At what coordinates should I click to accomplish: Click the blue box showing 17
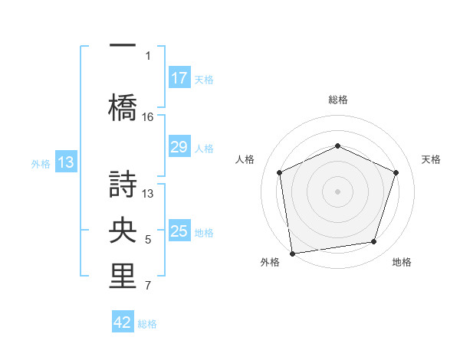click(179, 78)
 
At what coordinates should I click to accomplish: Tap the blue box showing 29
click(179, 148)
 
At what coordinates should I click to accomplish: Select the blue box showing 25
click(179, 232)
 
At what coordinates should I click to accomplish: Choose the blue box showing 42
click(123, 323)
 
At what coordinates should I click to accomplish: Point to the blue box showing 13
click(65, 162)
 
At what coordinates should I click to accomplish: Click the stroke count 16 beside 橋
click(148, 117)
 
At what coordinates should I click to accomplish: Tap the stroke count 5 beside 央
click(148, 241)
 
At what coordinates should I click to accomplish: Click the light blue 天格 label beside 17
click(204, 79)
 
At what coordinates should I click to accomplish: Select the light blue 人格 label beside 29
click(204, 149)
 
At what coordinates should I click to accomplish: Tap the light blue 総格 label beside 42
click(147, 324)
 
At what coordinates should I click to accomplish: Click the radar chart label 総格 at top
click(337, 100)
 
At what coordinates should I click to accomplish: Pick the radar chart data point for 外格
click(292, 252)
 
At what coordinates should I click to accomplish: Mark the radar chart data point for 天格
click(396, 172)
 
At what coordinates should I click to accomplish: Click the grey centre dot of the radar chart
click(337, 191)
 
